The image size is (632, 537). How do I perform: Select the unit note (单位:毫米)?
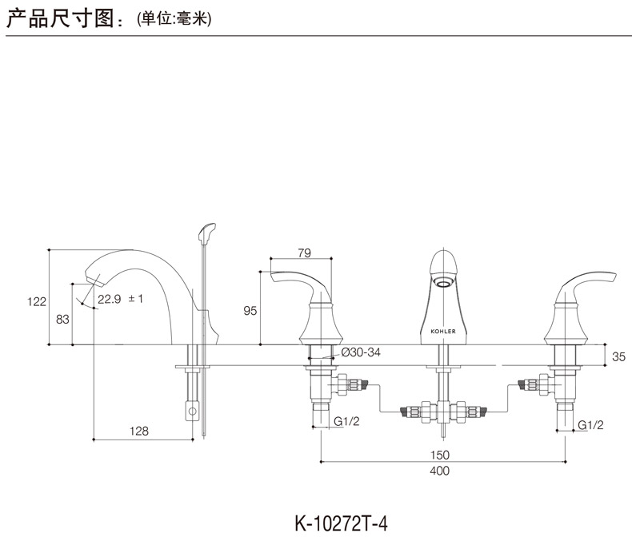click(x=174, y=19)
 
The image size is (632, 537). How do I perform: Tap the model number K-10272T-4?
click(x=341, y=523)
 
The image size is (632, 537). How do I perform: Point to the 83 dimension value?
click(x=61, y=319)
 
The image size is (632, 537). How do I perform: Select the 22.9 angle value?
click(x=108, y=299)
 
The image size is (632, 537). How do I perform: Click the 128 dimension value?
click(x=139, y=431)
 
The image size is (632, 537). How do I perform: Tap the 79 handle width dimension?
click(x=303, y=253)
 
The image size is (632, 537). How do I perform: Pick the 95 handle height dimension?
click(x=250, y=311)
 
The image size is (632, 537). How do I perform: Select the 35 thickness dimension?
click(x=618, y=357)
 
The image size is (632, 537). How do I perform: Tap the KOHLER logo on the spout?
click(x=442, y=330)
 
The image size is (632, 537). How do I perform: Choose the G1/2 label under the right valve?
click(x=590, y=424)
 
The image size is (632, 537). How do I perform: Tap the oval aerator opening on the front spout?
click(x=442, y=282)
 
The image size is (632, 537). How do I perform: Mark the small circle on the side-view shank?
click(x=191, y=412)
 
